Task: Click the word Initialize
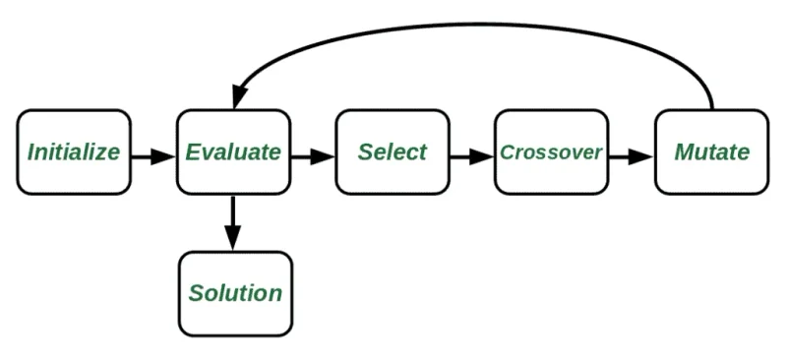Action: coord(74,152)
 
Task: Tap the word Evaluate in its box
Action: coord(233,152)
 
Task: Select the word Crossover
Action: coord(551,152)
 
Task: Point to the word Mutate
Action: coord(711,152)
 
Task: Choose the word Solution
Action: coord(235,293)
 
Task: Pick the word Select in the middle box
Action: coord(393,152)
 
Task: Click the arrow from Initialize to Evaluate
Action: coord(152,155)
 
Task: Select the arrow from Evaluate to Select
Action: coord(313,155)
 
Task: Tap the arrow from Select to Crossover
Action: coord(471,155)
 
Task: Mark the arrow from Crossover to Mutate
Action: coord(631,155)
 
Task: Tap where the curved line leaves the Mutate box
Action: coord(711,108)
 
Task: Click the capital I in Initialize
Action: coord(31,152)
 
